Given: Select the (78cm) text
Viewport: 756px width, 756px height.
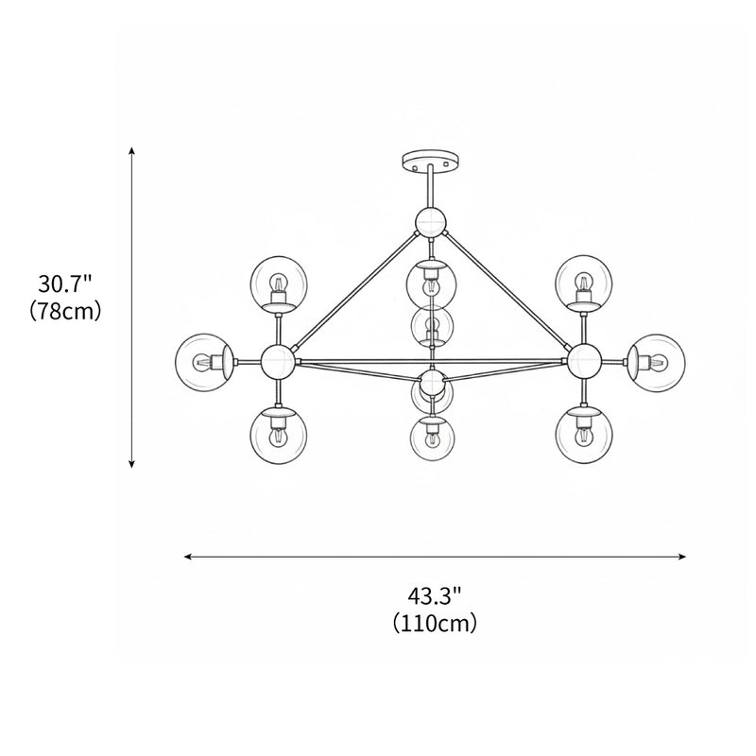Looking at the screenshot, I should point(65,310).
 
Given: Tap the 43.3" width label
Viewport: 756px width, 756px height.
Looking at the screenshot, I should point(435,595).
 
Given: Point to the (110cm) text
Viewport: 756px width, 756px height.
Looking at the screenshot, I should point(435,623).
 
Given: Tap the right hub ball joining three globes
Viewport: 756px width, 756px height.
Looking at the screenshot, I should point(583,359).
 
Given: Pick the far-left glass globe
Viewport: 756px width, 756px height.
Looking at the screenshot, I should point(203,360).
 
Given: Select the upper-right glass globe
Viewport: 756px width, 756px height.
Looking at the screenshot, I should point(583,282).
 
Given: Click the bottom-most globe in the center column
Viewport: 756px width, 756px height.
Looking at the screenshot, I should point(432,437).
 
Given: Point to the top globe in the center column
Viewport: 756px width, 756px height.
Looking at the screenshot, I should point(431,282).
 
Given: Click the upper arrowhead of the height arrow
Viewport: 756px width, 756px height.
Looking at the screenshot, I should point(132,150).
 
